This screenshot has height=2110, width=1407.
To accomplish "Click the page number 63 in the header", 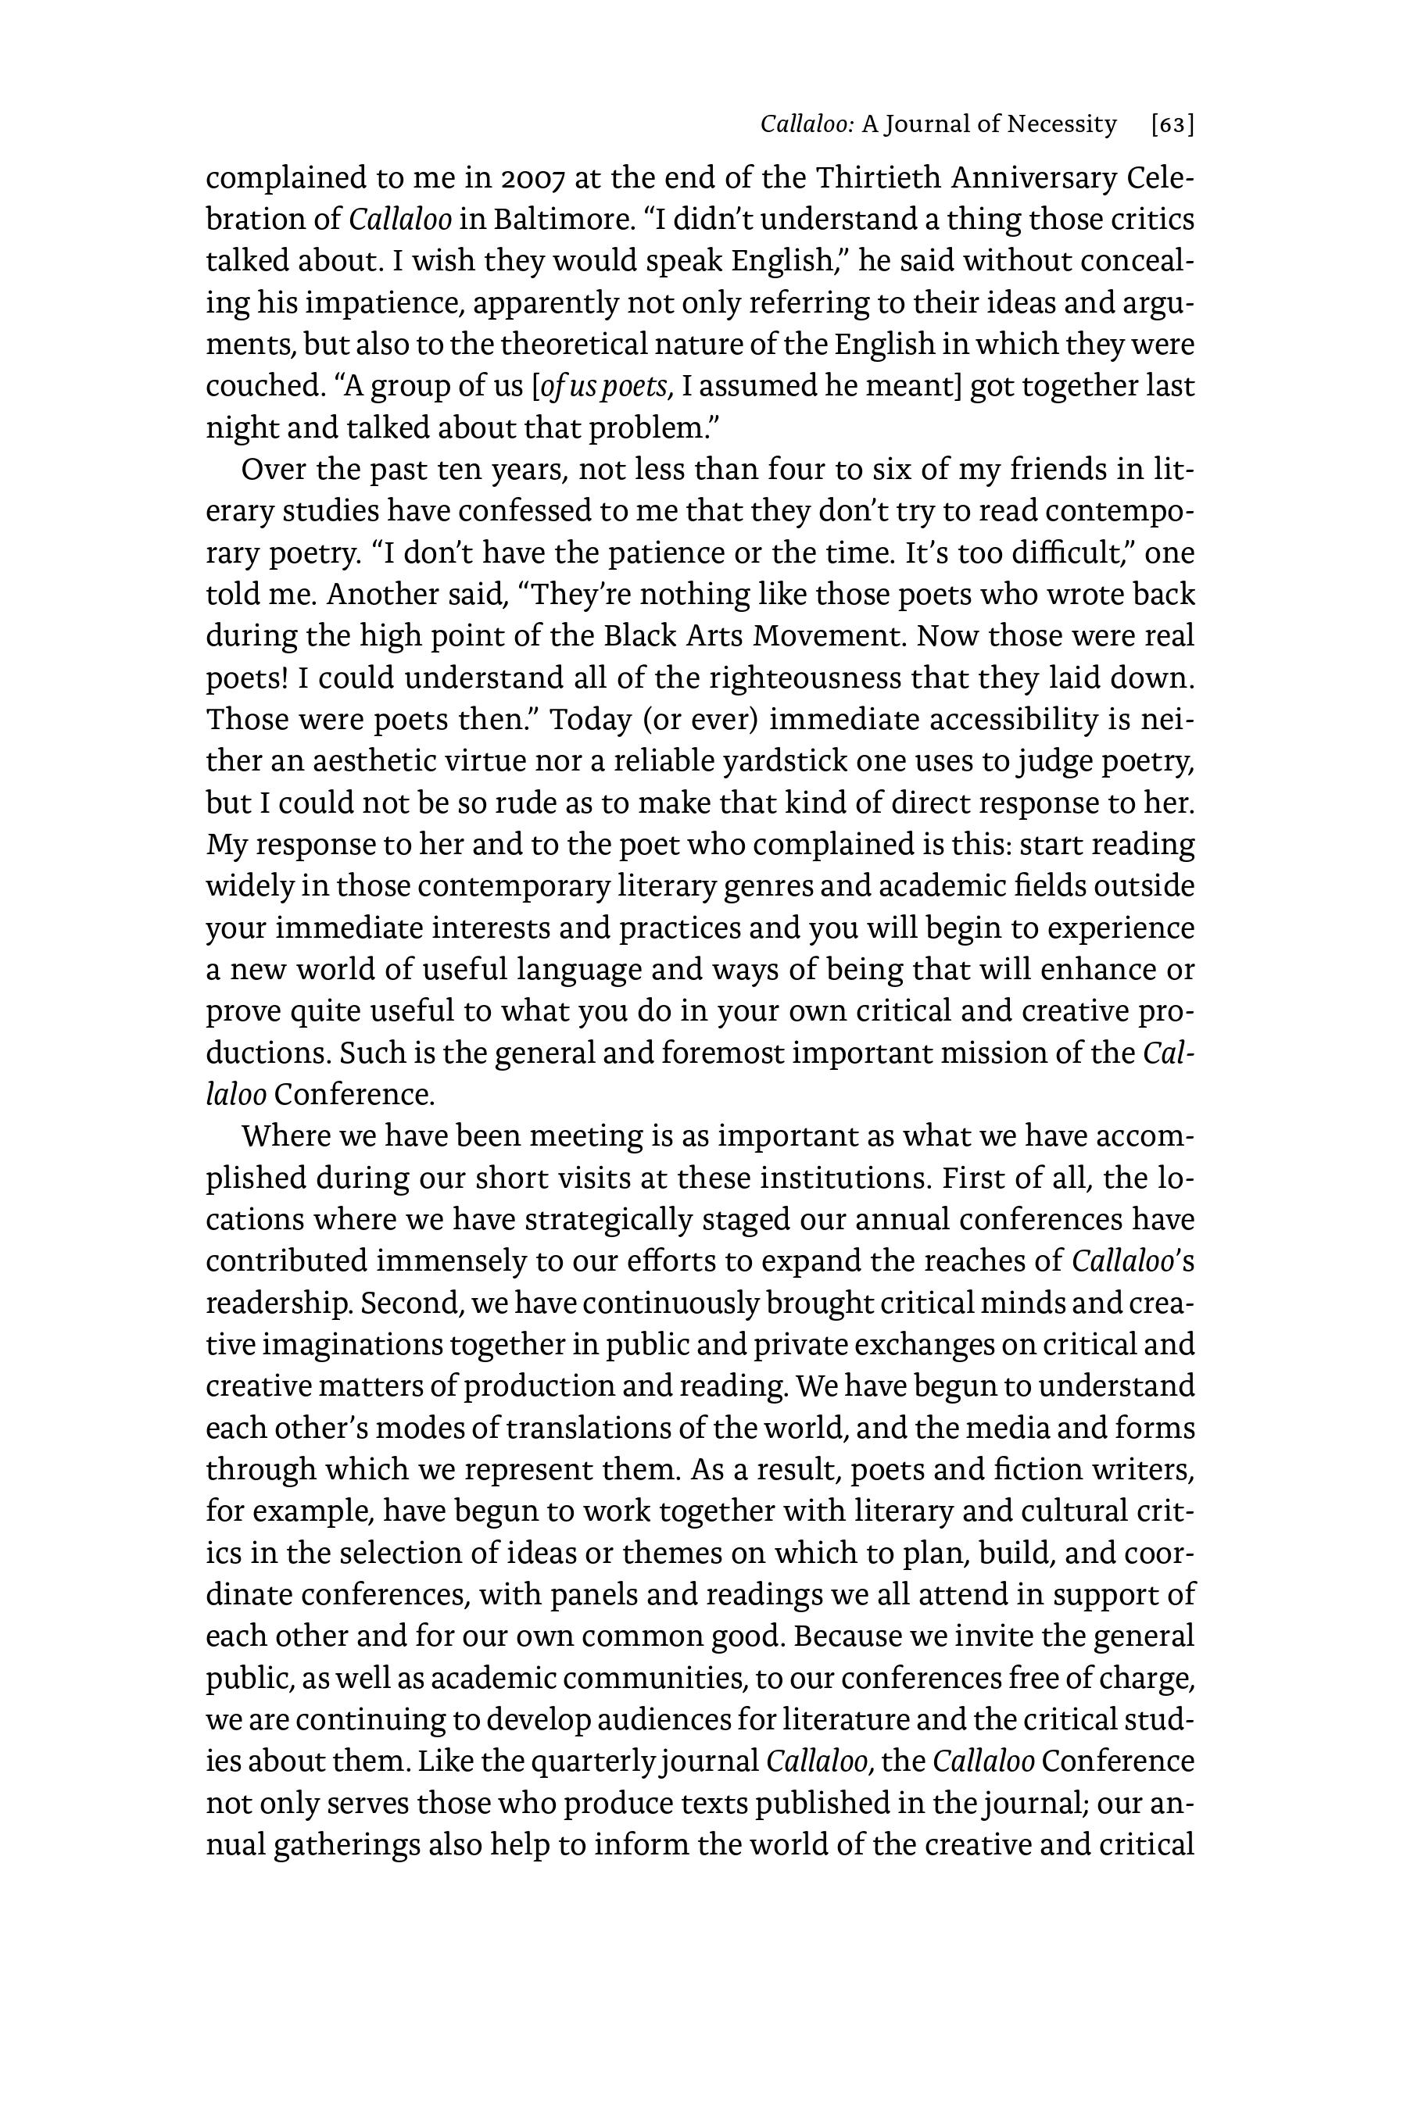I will pyautogui.click(x=1172, y=125).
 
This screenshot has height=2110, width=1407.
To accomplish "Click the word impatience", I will pyautogui.click(x=383, y=303).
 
